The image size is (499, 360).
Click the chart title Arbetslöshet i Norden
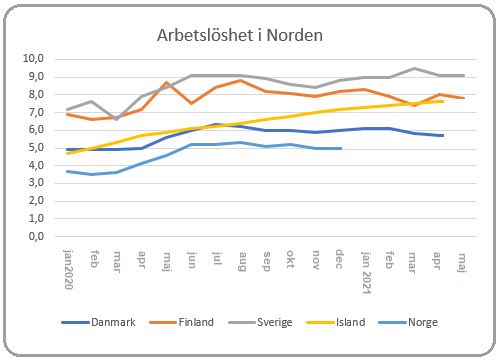(239, 35)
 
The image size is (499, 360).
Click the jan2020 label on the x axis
(68, 268)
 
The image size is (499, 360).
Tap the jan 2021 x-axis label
(365, 268)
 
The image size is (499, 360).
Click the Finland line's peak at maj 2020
(167, 83)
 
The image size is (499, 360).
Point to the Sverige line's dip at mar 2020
(117, 119)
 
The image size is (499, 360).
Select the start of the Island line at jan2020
(68, 153)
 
